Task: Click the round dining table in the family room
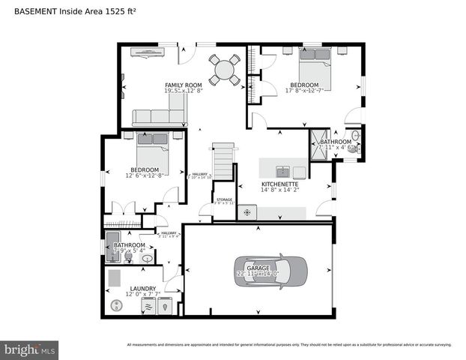pos(224,69)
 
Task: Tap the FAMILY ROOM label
pos(184,85)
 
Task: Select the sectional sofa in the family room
pos(159,115)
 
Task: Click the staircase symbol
pos(223,160)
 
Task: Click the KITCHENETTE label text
pos(280,184)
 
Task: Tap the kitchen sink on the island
pos(282,171)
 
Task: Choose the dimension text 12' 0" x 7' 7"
pos(143,295)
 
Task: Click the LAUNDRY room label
pos(143,288)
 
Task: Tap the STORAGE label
pos(224,199)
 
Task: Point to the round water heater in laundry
pos(116,305)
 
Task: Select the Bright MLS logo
pos(30,349)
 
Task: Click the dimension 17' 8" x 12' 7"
pos(304,91)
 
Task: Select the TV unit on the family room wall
pos(142,52)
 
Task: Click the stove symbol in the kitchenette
pos(248,213)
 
